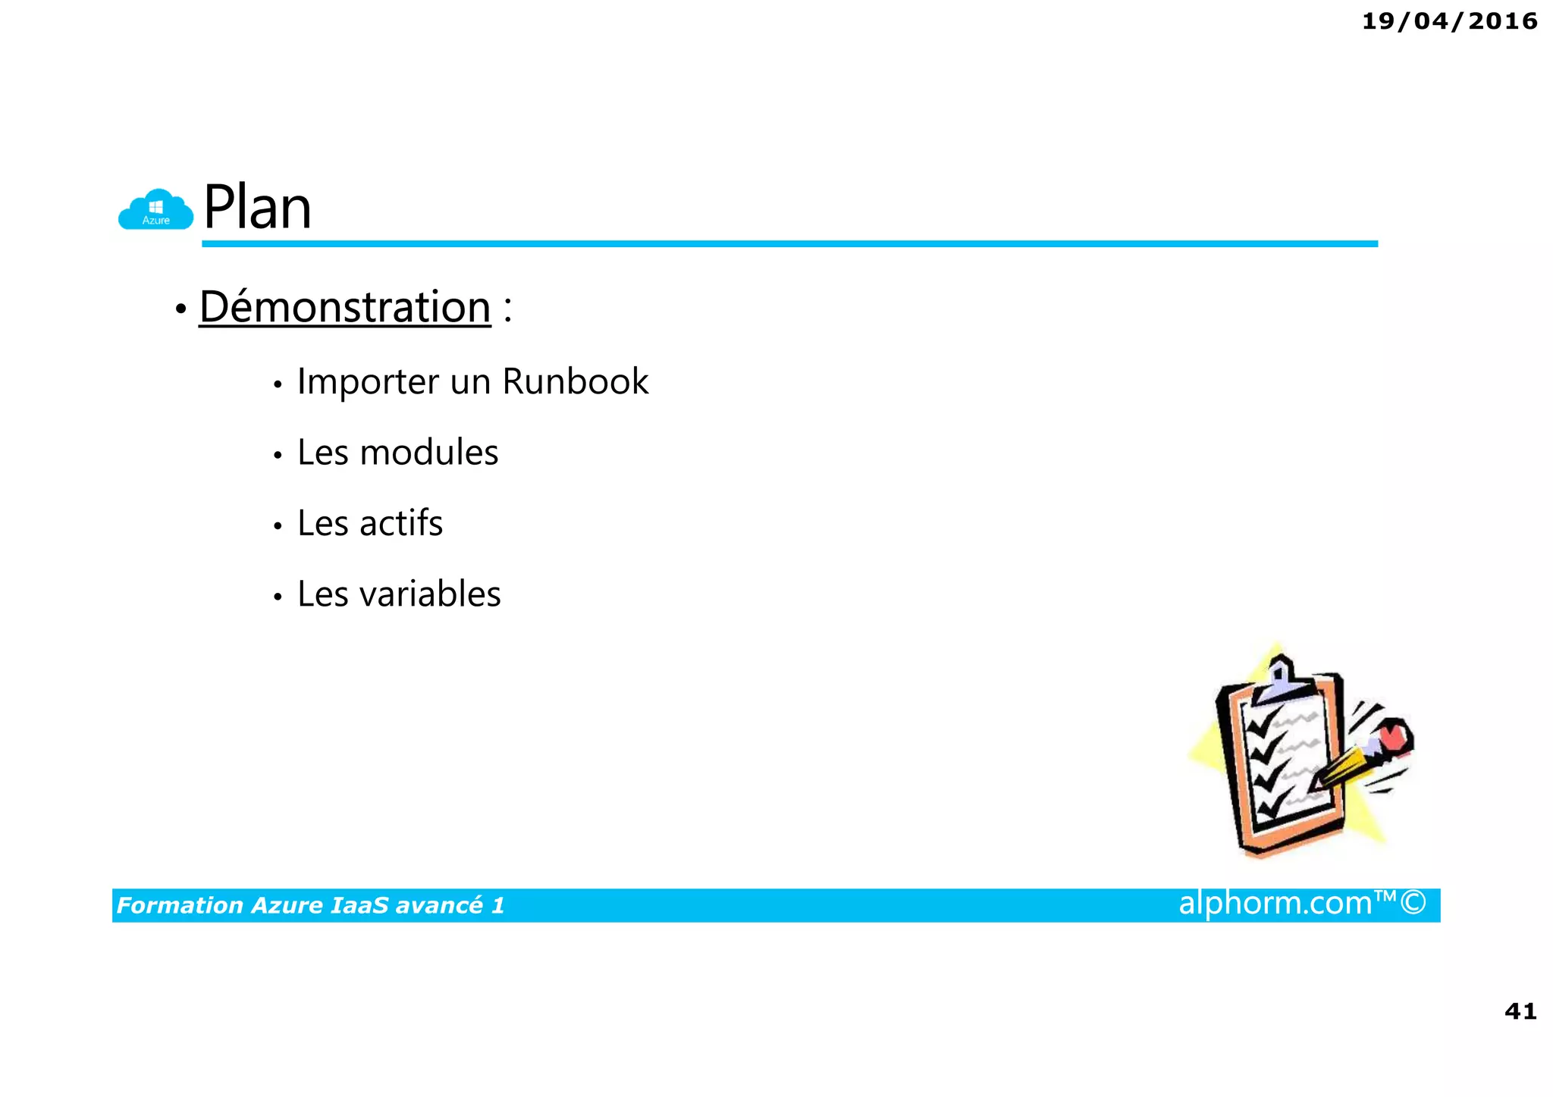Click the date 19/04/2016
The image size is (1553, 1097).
point(1449,21)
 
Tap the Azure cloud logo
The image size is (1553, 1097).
point(155,209)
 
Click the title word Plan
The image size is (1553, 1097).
point(258,207)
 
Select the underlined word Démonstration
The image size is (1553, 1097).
point(345,307)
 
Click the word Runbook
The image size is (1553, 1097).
point(576,381)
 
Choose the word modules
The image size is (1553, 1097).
point(429,453)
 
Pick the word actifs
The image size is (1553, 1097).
point(401,523)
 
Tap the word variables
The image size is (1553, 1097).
point(430,594)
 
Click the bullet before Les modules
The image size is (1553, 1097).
point(278,456)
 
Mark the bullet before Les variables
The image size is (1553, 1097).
point(278,597)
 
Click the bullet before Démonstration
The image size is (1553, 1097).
point(180,309)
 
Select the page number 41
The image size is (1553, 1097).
point(1520,1011)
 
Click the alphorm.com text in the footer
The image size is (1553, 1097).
point(1275,903)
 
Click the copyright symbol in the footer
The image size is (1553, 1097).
point(1413,903)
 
